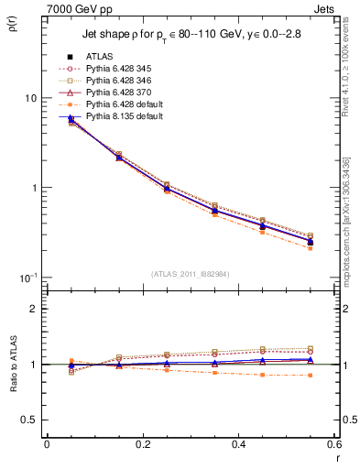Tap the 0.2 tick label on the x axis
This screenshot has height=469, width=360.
(142, 445)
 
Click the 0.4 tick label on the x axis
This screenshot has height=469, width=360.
(238, 445)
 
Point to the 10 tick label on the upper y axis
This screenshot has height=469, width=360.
(30, 99)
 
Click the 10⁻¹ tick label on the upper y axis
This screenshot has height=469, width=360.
(27, 277)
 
